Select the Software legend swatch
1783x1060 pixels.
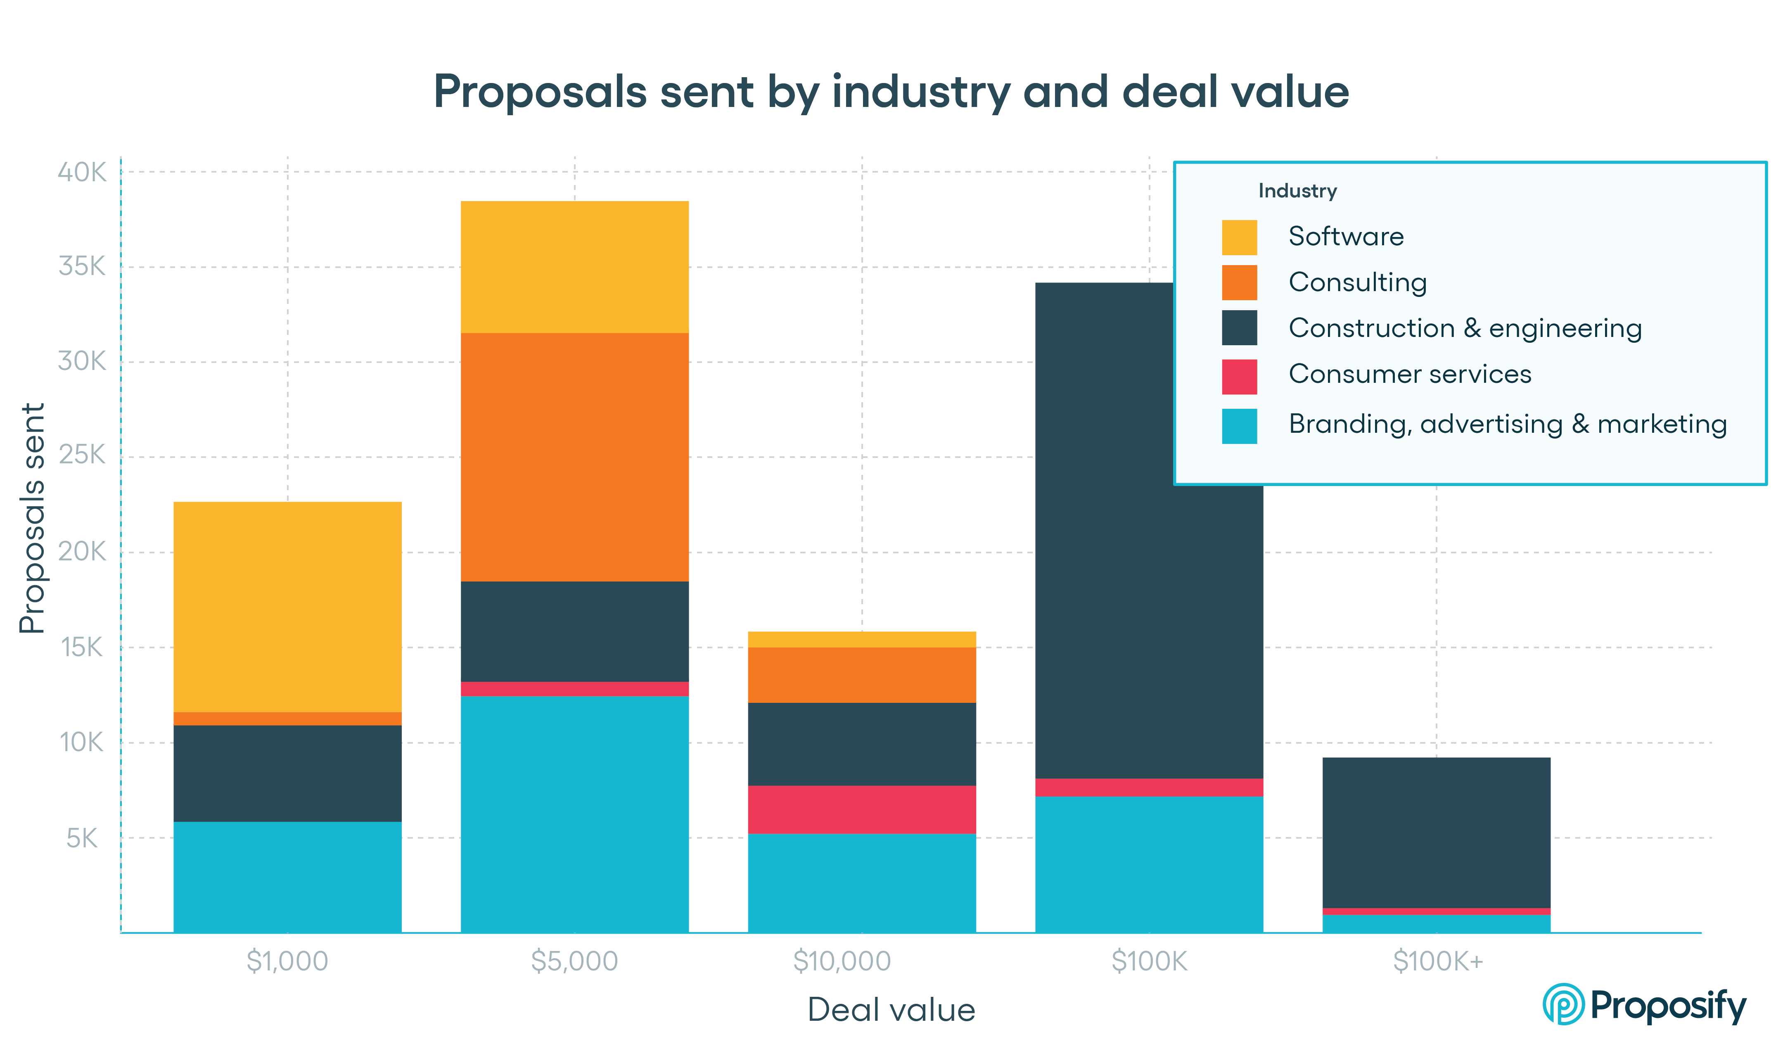[1239, 237]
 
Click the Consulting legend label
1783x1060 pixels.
[1357, 282]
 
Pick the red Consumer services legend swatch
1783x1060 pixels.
[1239, 377]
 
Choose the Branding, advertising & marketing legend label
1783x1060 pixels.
[1507, 424]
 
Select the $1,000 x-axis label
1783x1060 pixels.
[287, 961]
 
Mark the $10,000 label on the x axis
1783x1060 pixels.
[843, 961]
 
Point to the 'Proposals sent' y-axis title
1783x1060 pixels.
[32, 518]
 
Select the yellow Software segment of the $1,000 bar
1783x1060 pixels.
[287, 607]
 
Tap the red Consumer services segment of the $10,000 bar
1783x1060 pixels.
[861, 809]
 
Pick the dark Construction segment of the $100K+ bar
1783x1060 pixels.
[1436, 832]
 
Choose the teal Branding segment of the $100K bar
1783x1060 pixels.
[1148, 864]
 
